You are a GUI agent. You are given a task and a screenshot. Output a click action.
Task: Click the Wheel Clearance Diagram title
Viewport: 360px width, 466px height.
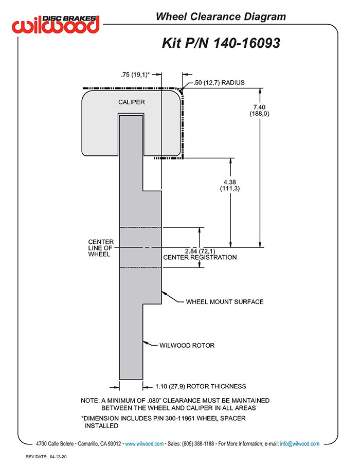[221, 17]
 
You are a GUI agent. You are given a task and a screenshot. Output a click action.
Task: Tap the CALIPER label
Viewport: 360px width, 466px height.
[132, 102]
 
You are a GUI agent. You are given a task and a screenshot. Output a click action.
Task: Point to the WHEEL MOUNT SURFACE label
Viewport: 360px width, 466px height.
[224, 301]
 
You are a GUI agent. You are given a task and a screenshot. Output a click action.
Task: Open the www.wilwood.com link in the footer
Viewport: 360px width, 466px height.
[145, 443]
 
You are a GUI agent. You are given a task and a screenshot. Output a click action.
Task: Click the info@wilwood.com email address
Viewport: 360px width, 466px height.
[299, 443]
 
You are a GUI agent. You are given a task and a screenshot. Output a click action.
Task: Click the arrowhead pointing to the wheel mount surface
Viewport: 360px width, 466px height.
[164, 293]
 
